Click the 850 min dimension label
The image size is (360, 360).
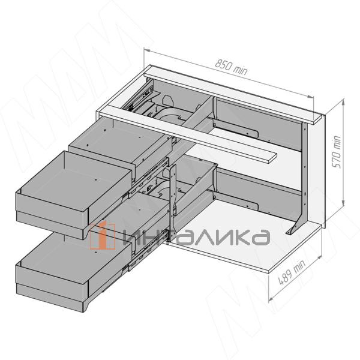[x=231, y=67]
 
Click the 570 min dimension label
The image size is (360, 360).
[x=337, y=152]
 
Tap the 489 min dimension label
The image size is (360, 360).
[x=292, y=272]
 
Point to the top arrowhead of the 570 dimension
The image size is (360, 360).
[x=343, y=101]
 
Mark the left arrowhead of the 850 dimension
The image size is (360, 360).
[x=147, y=50]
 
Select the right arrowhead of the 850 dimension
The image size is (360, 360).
[x=310, y=97]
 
